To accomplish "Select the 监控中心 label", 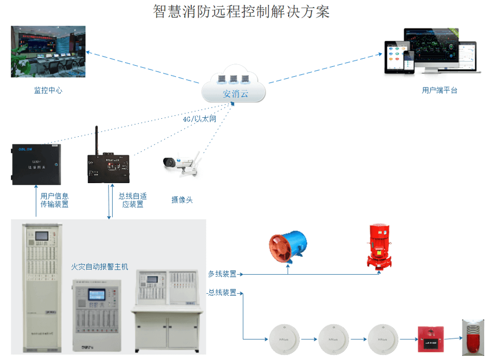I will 48,91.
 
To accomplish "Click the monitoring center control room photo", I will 48,51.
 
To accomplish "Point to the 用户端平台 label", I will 439,91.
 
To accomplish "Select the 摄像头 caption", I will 182,200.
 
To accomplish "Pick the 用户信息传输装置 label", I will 55,200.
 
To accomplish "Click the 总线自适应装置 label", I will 133,200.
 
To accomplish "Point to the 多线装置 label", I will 222,274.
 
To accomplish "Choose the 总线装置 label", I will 222,293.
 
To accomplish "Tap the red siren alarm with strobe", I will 473,337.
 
